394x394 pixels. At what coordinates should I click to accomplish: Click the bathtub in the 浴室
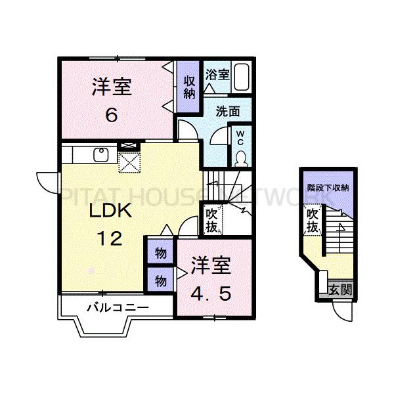242,77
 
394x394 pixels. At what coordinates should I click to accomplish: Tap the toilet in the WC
241,159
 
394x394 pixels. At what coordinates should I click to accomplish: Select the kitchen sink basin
101,155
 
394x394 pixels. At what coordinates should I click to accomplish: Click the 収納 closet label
189,87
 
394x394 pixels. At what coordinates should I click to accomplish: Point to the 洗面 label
228,112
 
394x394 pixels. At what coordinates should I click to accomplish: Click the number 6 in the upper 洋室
112,116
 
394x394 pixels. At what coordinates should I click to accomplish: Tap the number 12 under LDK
110,238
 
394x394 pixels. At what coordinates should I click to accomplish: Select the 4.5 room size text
211,294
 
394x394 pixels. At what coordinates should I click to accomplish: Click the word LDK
110,211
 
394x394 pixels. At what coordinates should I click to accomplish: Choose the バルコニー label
118,307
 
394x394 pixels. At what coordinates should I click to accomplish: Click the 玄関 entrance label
340,290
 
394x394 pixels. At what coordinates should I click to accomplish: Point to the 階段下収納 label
328,187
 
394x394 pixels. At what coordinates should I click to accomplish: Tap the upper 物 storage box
161,253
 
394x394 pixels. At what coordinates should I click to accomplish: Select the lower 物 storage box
161,280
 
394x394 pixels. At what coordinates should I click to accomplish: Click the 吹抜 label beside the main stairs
212,220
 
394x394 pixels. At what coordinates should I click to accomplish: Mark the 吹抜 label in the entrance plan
313,221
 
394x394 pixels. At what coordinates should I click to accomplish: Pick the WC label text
240,138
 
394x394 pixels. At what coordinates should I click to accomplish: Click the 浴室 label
217,74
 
